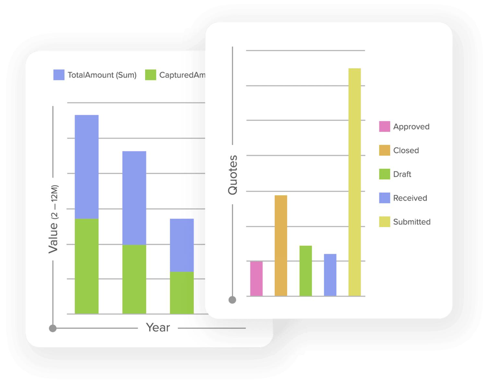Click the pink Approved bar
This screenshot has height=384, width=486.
coord(256,279)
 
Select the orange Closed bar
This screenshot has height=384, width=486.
coord(281,246)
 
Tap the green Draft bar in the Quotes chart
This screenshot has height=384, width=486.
coord(306,271)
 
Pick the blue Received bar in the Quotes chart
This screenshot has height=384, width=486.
coord(330,275)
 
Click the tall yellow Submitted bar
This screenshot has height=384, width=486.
coord(354,182)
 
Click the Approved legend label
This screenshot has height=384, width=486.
coord(411,126)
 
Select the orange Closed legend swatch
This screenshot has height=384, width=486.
coord(385,150)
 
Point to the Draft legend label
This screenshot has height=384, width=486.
coord(402,174)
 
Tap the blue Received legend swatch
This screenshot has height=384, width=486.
coord(385,198)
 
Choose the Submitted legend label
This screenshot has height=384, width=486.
coord(412,222)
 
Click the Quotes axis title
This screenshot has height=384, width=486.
coord(233,175)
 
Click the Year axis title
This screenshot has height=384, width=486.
coord(158,328)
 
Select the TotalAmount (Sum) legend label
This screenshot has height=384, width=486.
coord(102,75)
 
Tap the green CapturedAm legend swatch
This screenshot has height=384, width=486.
coord(151,75)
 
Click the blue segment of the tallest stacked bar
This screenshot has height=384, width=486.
coord(87,167)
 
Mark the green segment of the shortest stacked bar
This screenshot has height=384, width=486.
coord(182,293)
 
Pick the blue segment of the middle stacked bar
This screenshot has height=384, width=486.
coord(134,198)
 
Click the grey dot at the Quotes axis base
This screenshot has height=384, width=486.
coord(232,300)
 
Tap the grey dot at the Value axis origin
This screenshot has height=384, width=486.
coord(53,328)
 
